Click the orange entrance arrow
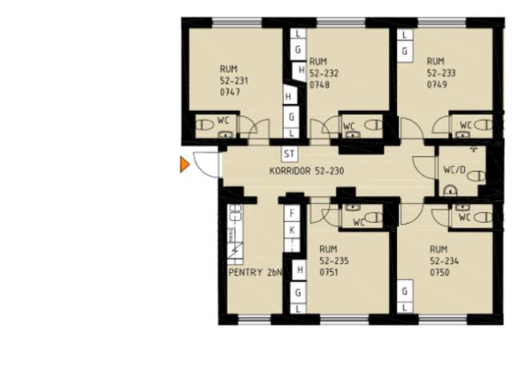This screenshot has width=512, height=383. point(185,164)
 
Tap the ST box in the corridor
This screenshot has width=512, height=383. point(290,154)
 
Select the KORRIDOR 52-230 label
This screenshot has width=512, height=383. point(306,171)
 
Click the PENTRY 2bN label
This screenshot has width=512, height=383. point(255,272)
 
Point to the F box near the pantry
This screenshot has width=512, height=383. point(292,213)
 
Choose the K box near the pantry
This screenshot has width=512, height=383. point(292,230)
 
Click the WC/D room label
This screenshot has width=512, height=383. point(454,170)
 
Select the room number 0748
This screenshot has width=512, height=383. point(320,85)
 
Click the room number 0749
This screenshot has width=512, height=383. point(438,85)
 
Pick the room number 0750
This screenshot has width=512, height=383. point(440,273)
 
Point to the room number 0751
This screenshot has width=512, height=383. point(329,272)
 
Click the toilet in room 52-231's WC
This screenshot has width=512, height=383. point(204,125)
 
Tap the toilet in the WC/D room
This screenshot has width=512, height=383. point(477,177)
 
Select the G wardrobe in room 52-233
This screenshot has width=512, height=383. point(405,51)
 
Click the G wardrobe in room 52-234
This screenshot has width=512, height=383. point(405,291)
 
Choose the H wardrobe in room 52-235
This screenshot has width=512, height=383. point(299,269)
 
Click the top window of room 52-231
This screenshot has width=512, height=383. point(237,22)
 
